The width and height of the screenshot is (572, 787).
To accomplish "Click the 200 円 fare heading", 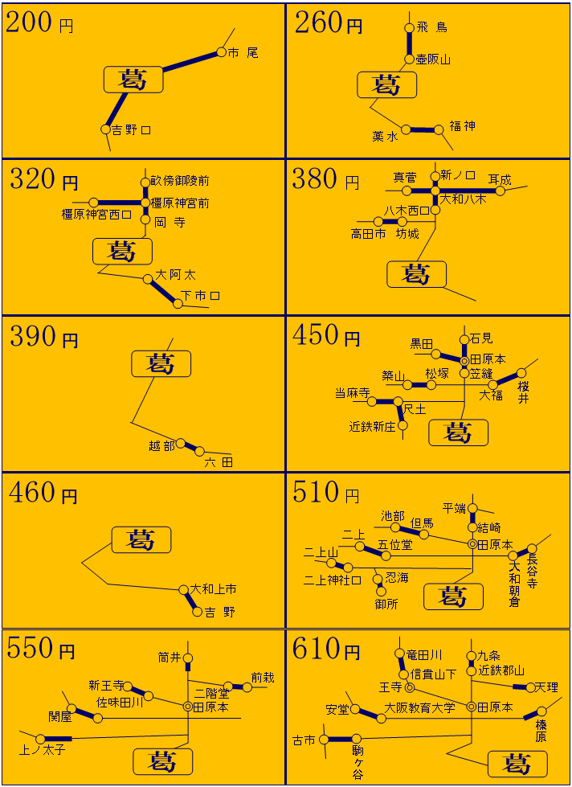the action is (x=39, y=23).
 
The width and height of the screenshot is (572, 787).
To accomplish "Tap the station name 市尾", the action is (x=243, y=53).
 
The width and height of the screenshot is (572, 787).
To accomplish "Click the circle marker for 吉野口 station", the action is (x=105, y=129).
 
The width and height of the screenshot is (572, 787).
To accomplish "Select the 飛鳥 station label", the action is (x=431, y=27).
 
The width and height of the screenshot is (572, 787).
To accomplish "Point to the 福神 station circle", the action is (x=439, y=129).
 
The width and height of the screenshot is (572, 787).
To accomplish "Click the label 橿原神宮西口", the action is (x=97, y=215).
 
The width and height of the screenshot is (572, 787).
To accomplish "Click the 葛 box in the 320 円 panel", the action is (x=122, y=251).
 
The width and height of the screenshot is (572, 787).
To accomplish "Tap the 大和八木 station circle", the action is (x=435, y=191).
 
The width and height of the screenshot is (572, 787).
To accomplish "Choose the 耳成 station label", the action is (x=500, y=179).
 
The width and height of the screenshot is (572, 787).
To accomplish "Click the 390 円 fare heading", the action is (x=43, y=336).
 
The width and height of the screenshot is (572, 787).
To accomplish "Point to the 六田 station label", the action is (x=219, y=462).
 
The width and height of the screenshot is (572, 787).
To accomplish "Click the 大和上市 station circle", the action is (x=184, y=589).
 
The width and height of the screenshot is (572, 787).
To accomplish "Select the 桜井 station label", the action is (x=523, y=391).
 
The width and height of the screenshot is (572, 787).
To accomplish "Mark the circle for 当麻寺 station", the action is (x=372, y=401).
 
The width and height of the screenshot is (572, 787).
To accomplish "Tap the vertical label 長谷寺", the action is (x=533, y=572).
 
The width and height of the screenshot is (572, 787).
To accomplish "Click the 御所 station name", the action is (x=386, y=604).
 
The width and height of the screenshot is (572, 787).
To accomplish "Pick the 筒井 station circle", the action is (x=188, y=658).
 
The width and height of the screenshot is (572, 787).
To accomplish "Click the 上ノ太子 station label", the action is (x=42, y=751).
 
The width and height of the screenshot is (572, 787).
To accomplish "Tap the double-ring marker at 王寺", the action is (x=410, y=687).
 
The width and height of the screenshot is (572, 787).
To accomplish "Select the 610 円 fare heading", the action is (x=326, y=650).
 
